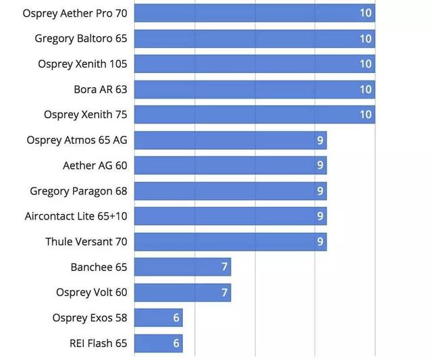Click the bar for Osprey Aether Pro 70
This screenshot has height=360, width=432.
254,13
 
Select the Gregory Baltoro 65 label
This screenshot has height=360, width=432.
81,38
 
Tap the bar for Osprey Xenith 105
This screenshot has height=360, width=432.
254,64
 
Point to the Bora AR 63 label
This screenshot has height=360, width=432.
101,89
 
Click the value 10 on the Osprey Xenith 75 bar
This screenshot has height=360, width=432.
365,115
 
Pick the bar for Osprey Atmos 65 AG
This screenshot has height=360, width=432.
230,140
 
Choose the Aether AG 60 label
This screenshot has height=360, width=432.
94,165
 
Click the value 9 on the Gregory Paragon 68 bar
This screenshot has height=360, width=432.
321,191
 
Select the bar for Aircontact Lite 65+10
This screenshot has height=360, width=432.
230,216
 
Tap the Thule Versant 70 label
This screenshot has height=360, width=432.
86,242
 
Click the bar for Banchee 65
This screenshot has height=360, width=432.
182,267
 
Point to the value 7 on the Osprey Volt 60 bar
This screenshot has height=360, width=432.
224,292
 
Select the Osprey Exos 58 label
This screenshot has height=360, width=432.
90,317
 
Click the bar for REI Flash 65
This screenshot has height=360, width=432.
159,343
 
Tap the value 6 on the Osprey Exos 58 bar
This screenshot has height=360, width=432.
176,317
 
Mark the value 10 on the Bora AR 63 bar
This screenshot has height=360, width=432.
365,89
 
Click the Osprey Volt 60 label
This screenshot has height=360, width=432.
92,292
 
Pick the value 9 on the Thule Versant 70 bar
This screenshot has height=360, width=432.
321,242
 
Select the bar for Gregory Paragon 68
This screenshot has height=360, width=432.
230,191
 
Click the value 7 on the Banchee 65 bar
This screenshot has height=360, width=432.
224,267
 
